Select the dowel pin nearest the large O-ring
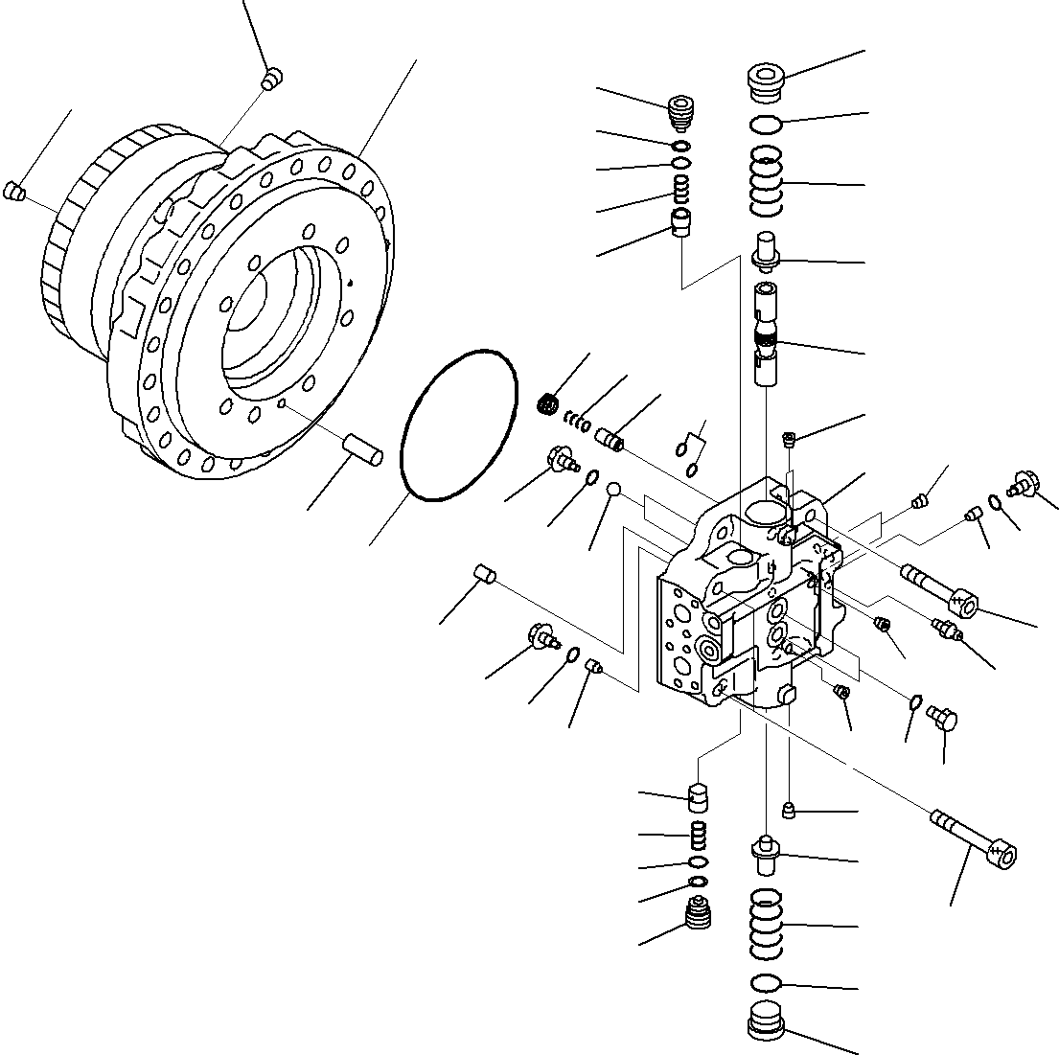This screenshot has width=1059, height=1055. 363,447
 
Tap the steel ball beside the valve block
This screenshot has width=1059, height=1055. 615,491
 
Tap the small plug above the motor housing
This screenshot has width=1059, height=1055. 271,79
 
